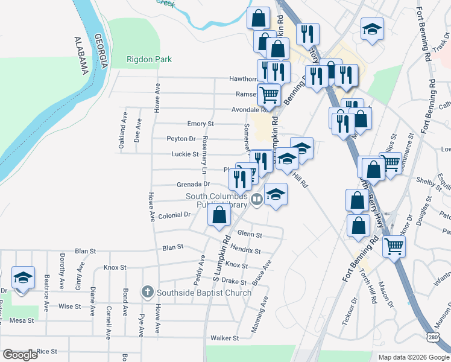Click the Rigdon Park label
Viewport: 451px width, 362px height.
pos(149,59)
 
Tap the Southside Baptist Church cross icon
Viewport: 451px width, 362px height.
pos(147,293)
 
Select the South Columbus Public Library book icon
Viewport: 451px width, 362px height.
pos(257,198)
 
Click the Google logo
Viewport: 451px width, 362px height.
pos(20,355)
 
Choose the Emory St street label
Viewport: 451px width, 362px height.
pos(201,124)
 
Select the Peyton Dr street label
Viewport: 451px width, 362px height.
pos(181,139)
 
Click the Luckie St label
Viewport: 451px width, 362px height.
pos(185,154)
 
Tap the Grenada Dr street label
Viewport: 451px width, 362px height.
pos(193,184)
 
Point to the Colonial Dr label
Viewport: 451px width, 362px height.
pos(174,215)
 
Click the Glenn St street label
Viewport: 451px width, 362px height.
pos(250,234)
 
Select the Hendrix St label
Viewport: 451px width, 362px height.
pos(245,250)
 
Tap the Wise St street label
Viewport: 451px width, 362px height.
pos(69,306)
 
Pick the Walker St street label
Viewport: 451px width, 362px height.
pos(224,338)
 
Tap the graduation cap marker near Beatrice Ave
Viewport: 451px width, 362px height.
pos(23,278)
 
